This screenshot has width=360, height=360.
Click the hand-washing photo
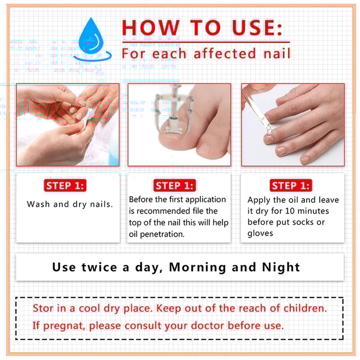(68, 125)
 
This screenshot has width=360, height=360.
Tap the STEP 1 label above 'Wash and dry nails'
(65, 185)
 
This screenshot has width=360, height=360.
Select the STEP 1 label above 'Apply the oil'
(291, 185)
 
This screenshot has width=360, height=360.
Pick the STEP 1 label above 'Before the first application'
(175, 185)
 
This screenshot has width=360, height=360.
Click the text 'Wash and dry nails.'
(70, 204)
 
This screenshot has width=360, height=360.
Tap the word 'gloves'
(260, 234)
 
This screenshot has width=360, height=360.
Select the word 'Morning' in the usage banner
(198, 267)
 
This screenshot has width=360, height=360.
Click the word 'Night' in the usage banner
(281, 267)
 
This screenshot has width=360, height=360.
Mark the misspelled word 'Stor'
(41, 309)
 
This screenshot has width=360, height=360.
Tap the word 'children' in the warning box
(305, 309)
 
